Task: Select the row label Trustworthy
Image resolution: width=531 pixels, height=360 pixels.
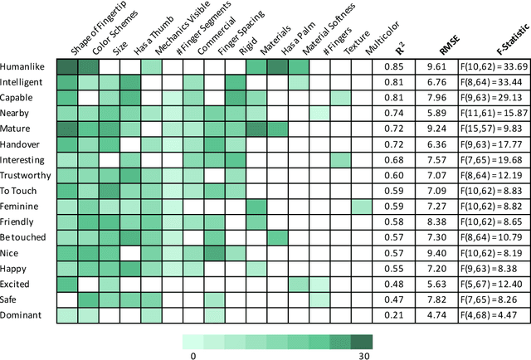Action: tap(27, 175)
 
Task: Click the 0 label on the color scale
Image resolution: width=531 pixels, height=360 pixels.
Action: tap(192, 355)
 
